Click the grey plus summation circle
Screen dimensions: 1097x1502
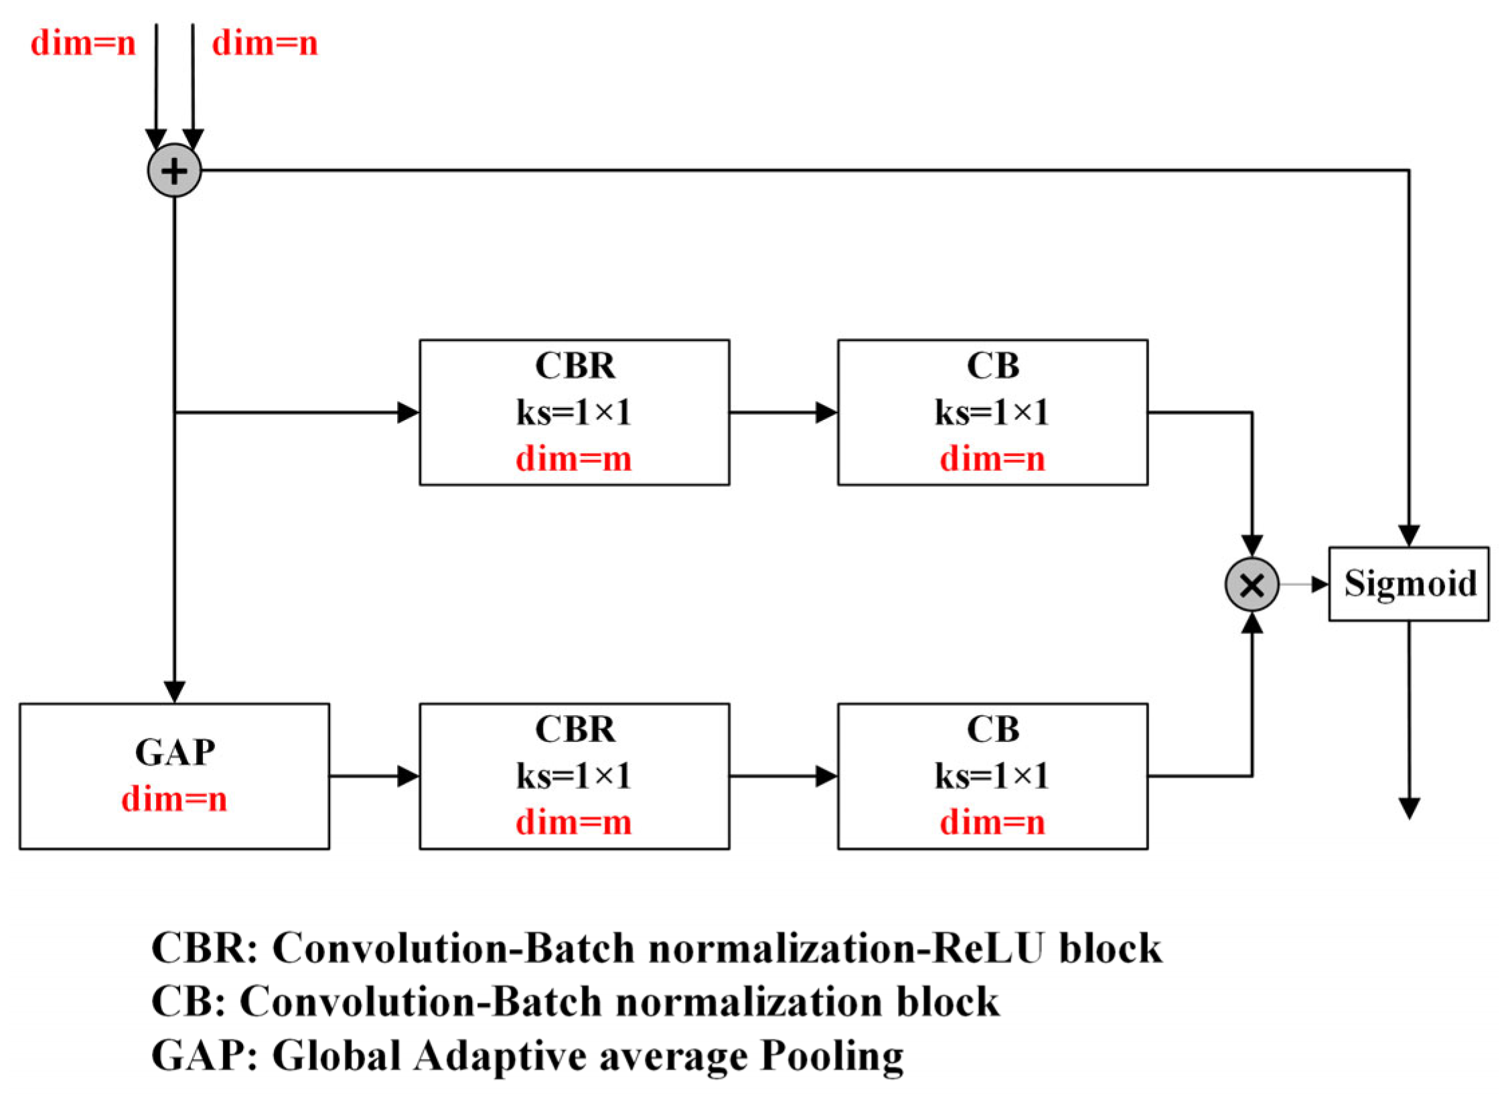[174, 170]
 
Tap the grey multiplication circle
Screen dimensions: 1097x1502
[1251, 584]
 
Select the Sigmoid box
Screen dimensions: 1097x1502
[1408, 583]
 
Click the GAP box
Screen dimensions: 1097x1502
[174, 776]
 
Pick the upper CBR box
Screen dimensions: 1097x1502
[574, 412]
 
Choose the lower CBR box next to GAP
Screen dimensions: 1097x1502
[574, 776]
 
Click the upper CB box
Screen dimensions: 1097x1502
[992, 412]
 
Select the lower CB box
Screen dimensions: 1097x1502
[992, 776]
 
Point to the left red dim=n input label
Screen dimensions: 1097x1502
[83, 44]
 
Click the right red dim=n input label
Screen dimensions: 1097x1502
[265, 44]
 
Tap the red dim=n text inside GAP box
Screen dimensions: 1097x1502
[174, 799]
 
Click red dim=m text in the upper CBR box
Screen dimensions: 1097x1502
[574, 459]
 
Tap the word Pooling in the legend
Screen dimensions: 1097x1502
[832, 1055]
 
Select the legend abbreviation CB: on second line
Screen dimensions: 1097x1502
[188, 1002]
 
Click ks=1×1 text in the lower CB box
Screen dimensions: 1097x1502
[992, 776]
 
